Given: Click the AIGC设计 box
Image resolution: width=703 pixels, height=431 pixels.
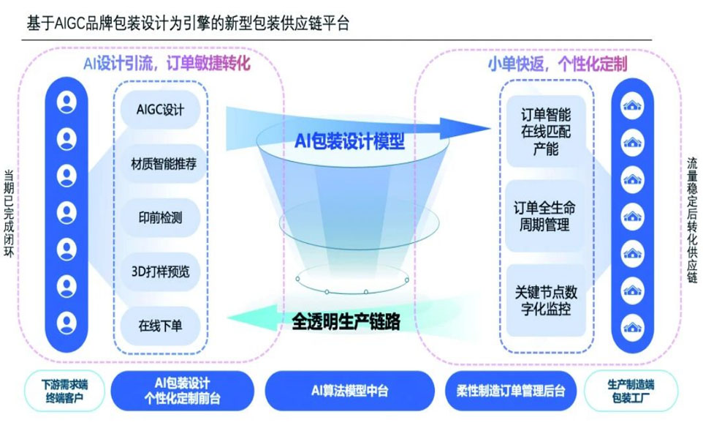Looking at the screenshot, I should click(160, 110).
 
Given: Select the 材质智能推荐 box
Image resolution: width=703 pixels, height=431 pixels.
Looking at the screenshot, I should click(160, 164).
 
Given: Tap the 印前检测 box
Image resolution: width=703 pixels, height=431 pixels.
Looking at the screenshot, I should click(160, 217).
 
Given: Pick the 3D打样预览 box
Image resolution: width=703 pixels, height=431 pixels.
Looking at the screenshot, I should click(160, 271).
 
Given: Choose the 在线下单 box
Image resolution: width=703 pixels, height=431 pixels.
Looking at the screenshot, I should click(160, 325).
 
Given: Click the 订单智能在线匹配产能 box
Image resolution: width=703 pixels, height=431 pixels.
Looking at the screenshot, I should click(546, 132).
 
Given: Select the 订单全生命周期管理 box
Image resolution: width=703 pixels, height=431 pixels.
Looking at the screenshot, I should click(546, 217).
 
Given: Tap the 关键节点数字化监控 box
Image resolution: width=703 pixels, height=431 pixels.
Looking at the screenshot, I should click(546, 300).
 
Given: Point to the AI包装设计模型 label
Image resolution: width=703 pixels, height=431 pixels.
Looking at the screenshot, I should click(349, 140).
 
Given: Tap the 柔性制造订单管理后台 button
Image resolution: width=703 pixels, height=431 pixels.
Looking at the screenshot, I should click(506, 391).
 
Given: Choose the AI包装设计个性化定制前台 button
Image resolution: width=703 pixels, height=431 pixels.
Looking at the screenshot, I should click(183, 391).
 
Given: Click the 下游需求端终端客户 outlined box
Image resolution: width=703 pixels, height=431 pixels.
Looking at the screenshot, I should click(64, 391).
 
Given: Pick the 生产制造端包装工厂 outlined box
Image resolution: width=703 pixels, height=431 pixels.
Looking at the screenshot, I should click(631, 391).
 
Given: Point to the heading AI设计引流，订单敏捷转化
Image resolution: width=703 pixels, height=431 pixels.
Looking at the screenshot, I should click(167, 64).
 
